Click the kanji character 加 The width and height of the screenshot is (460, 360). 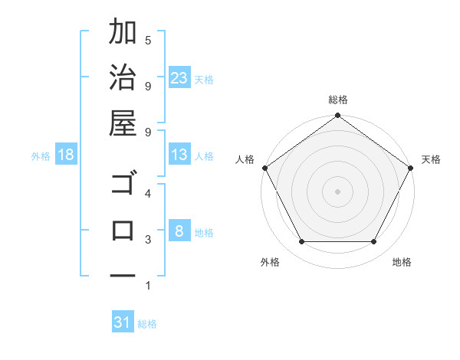(x=123, y=32)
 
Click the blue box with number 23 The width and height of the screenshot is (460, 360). (x=179, y=78)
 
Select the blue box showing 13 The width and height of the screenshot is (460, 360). (x=179, y=155)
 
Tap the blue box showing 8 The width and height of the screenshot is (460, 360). (x=179, y=232)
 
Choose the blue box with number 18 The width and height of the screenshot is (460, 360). (x=66, y=155)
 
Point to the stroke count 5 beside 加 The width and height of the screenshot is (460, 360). (x=148, y=39)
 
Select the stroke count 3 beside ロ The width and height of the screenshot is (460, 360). (x=148, y=240)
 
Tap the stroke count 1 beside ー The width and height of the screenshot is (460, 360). (x=148, y=286)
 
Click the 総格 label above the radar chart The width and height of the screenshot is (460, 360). (x=338, y=100)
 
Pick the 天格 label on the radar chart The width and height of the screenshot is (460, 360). (x=432, y=159)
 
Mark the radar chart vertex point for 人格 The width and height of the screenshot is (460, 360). (x=264, y=168)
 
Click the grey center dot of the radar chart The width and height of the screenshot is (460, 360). (x=337, y=191)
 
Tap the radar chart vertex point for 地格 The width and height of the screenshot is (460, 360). (x=374, y=242)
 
